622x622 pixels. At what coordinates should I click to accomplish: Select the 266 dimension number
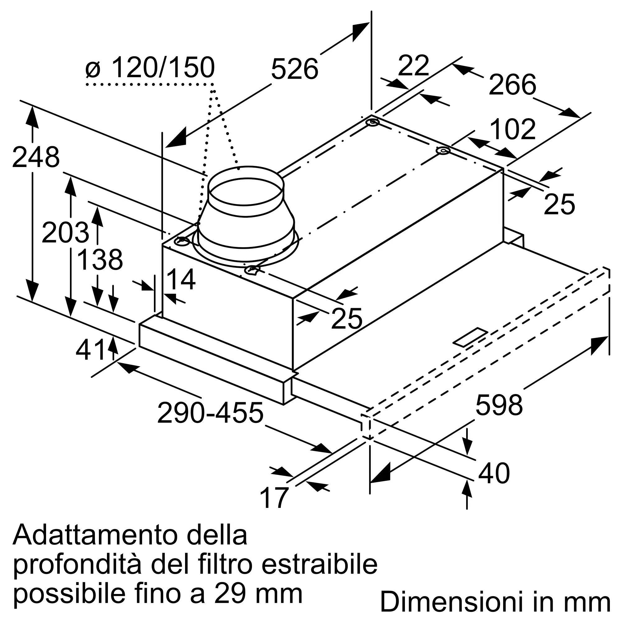pyautogui.click(x=512, y=85)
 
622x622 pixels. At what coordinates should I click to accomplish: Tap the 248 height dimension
pyautogui.click(x=36, y=157)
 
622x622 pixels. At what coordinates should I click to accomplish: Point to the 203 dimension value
pyautogui.click(x=65, y=232)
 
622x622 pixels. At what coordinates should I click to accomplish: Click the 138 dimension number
pyautogui.click(x=100, y=259)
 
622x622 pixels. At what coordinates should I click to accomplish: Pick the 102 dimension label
pyautogui.click(x=513, y=129)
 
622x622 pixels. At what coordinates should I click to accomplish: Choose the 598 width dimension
pyautogui.click(x=499, y=405)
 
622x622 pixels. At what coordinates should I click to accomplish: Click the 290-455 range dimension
pyautogui.click(x=210, y=412)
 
